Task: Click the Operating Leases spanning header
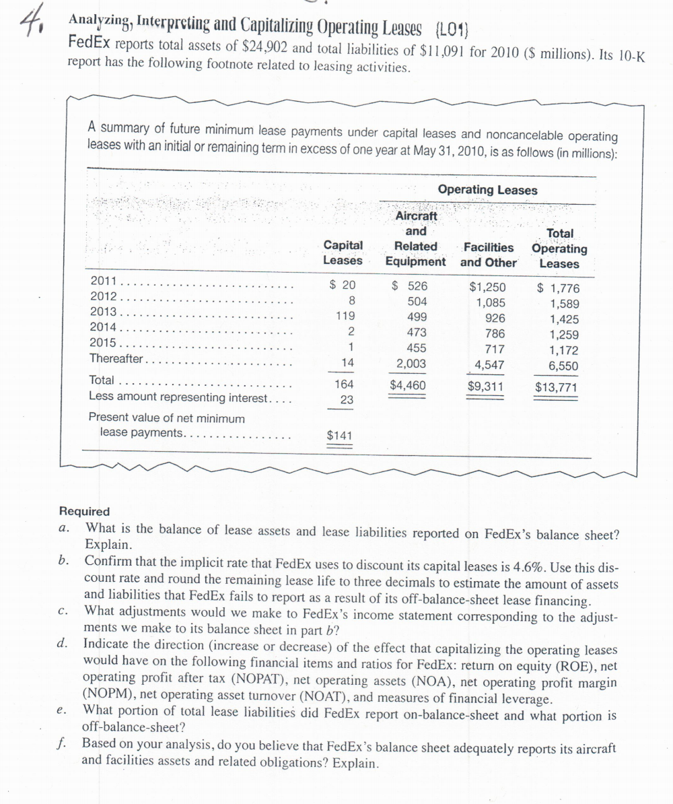(x=487, y=190)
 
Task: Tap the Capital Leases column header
(x=343, y=253)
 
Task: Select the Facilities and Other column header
(x=489, y=255)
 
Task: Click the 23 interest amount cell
(x=345, y=401)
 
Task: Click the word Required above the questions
(x=84, y=512)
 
